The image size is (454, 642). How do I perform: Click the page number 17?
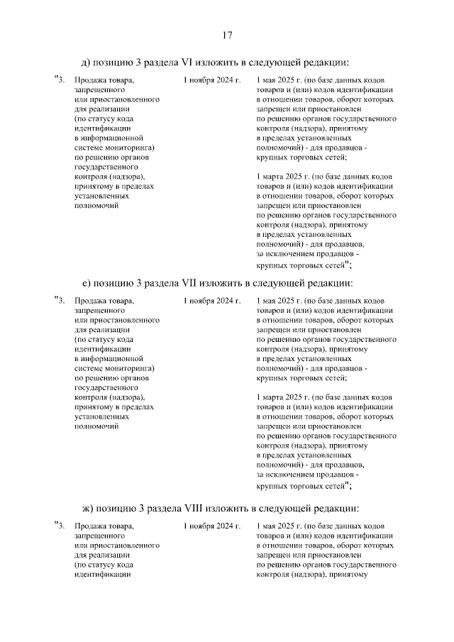coord(227,35)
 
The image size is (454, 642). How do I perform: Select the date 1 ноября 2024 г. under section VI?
coord(211,81)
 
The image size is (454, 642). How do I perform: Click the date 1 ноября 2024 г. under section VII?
coord(211,301)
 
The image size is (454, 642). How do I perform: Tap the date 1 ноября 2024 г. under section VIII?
coord(211,526)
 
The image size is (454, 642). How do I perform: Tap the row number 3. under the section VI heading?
coord(61,81)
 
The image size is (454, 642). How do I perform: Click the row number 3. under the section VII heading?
coord(61,301)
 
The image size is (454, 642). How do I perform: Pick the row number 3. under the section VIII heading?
coord(61,526)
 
